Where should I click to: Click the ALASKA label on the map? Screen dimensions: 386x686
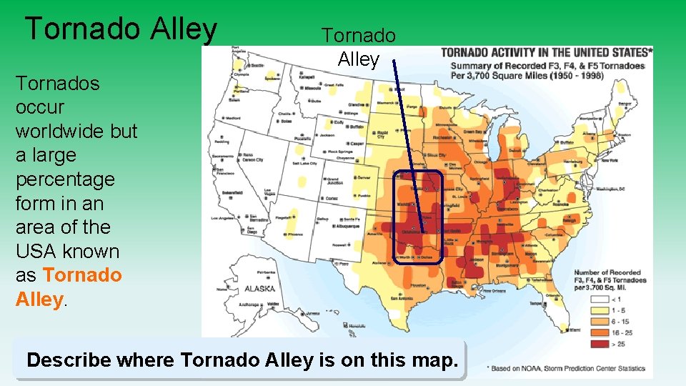pyautogui.click(x=259, y=289)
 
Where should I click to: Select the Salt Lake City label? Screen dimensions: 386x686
pyautogui.click(x=306, y=164)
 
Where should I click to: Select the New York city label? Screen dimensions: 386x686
pyautogui.click(x=609, y=161)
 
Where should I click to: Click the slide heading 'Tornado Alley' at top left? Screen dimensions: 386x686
pyautogui.click(x=121, y=29)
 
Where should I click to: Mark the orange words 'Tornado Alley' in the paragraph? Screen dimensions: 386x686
pyautogui.click(x=69, y=287)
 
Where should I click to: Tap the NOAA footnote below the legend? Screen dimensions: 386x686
pyautogui.click(x=569, y=367)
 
